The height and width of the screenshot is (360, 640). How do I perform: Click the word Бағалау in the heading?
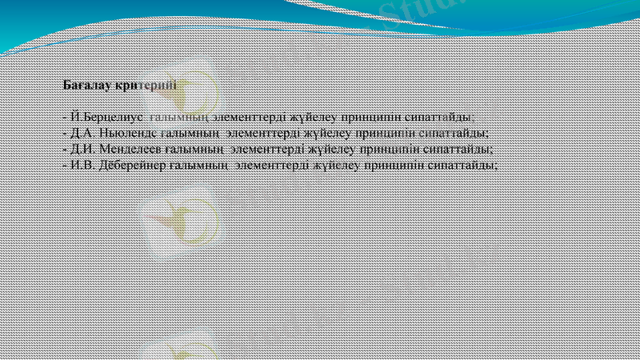pos(87,84)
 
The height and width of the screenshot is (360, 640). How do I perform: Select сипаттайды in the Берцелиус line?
pos(446,117)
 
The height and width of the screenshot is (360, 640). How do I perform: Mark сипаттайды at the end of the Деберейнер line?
pos(463,165)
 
